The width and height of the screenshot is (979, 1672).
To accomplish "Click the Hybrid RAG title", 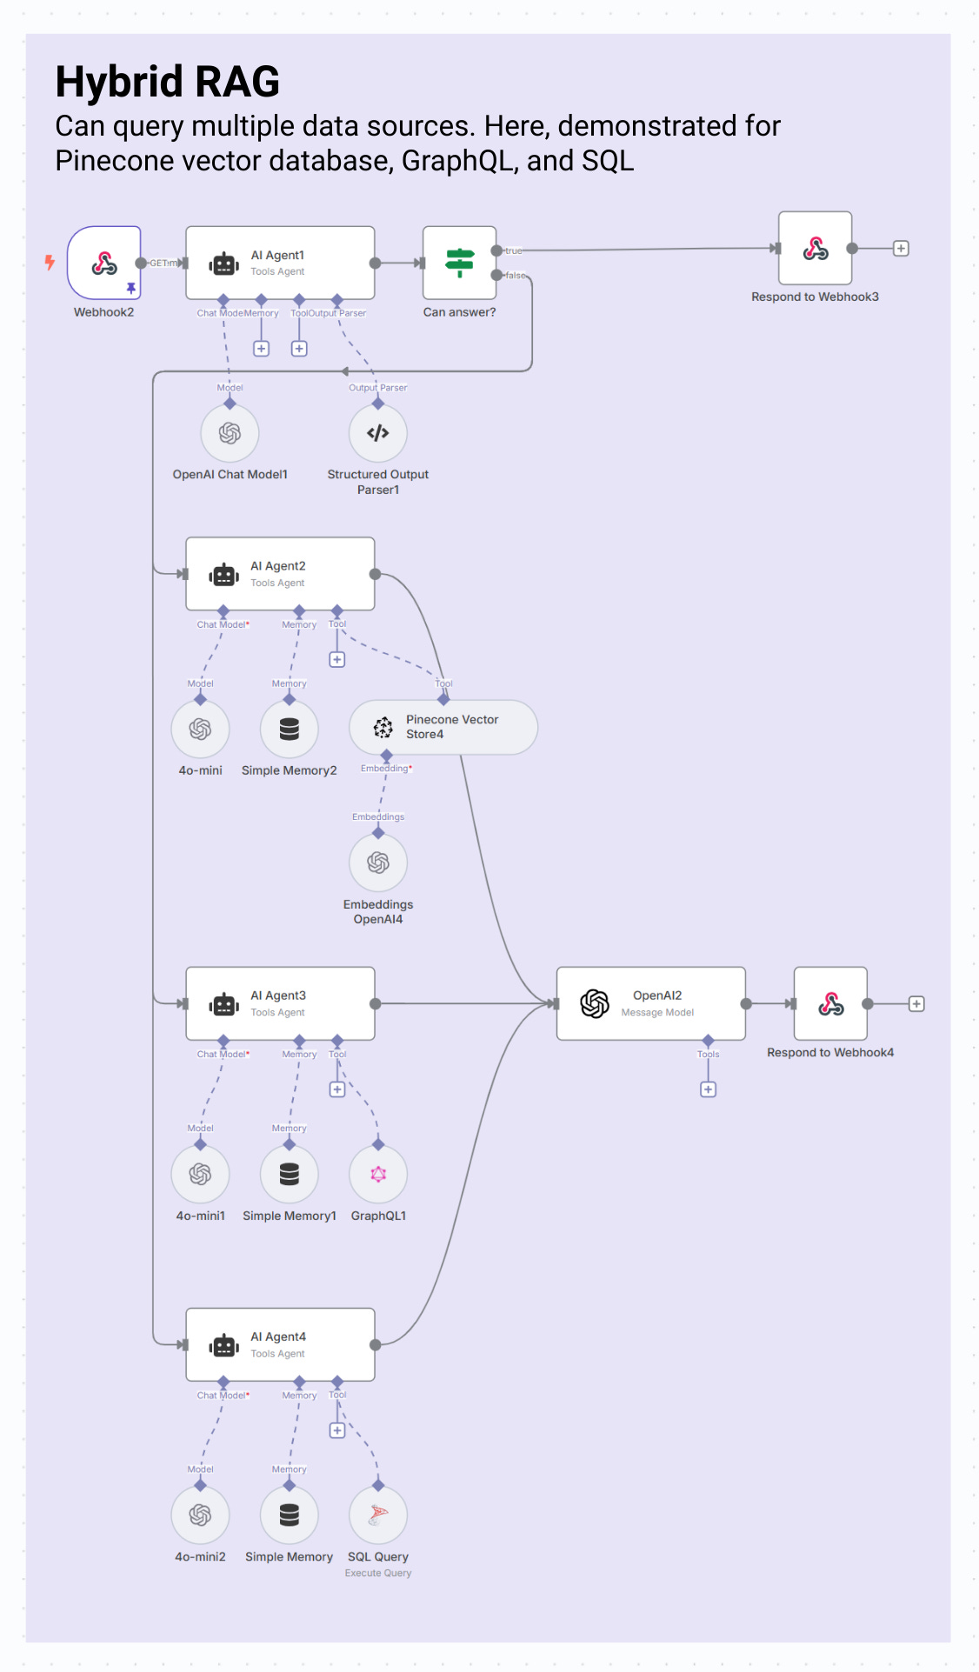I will [167, 82].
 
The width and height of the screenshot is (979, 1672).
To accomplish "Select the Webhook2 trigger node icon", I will [104, 263].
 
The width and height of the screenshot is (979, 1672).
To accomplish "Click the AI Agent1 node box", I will [280, 263].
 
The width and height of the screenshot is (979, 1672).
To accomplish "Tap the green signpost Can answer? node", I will [459, 263].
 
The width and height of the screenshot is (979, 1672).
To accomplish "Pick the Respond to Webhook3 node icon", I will [815, 249].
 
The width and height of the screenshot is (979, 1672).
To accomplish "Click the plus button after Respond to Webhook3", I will [901, 249].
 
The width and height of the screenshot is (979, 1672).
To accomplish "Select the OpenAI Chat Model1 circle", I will [230, 433].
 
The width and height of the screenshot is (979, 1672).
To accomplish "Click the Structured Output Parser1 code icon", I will [377, 433].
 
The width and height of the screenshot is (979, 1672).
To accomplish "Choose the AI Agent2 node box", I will [280, 574].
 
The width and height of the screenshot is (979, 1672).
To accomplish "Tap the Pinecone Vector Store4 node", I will [443, 727].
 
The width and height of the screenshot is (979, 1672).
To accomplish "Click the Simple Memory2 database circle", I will [289, 729].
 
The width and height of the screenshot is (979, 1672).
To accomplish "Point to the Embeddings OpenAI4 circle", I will [377, 863].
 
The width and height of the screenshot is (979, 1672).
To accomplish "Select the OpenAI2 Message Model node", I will [650, 1003].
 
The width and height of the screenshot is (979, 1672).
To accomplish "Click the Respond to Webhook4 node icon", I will [830, 1003].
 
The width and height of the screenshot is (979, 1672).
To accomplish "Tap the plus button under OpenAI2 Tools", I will [708, 1089].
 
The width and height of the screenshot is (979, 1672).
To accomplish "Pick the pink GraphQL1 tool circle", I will [377, 1174].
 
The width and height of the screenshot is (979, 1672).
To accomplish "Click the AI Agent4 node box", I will [280, 1344].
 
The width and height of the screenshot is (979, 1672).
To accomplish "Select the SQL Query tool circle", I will [377, 1515].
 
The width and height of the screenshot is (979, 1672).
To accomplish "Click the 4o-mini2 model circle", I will [200, 1515].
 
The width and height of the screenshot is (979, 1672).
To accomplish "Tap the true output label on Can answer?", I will [514, 251].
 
